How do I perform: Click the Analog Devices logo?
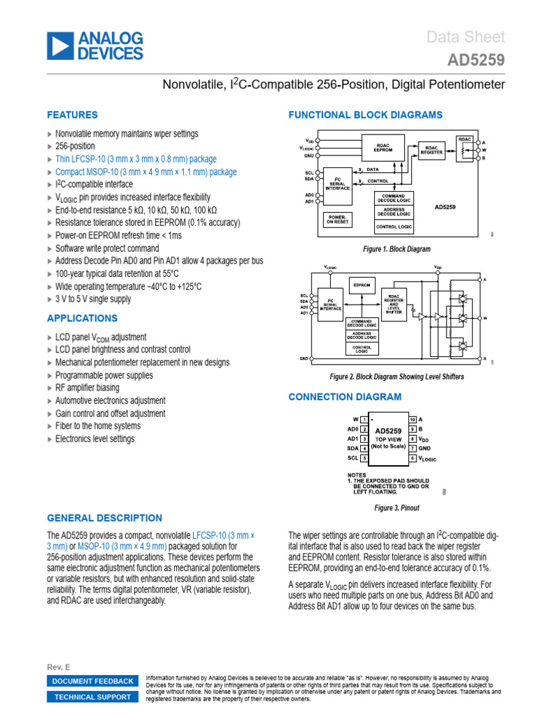[95, 45]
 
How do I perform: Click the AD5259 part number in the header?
[476, 61]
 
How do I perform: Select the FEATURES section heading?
[72, 115]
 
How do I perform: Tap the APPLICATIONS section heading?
[82, 319]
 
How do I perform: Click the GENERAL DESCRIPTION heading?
[104, 518]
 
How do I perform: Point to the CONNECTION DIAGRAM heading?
[345, 397]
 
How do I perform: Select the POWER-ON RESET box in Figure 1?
[338, 219]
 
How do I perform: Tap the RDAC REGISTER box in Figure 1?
[432, 150]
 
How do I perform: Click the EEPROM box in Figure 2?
[362, 284]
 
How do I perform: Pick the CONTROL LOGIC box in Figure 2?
[362, 349]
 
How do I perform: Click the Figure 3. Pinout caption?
[396, 508]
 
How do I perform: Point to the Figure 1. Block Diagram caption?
[396, 249]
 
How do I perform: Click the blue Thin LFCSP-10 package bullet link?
[136, 159]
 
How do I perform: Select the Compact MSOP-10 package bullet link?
[146, 172]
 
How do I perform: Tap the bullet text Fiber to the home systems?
[98, 426]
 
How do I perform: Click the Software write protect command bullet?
[107, 248]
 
